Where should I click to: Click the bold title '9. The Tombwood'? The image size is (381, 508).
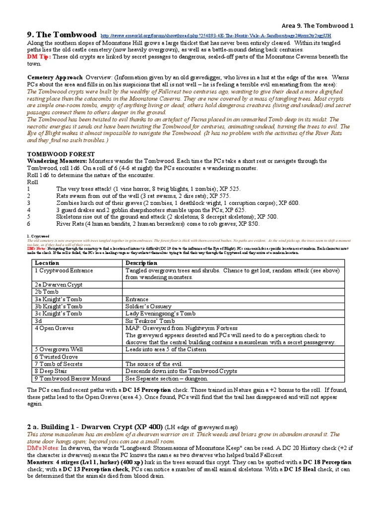tap(61, 35)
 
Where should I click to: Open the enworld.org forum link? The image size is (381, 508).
tap(216, 36)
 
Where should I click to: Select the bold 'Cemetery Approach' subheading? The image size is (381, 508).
tap(54, 78)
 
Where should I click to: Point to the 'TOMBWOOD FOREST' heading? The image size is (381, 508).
tap(56, 154)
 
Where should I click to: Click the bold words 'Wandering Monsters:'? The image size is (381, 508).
tap(57, 161)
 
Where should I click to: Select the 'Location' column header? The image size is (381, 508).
tap(47, 262)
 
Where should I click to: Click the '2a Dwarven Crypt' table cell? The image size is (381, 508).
tap(59, 285)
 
